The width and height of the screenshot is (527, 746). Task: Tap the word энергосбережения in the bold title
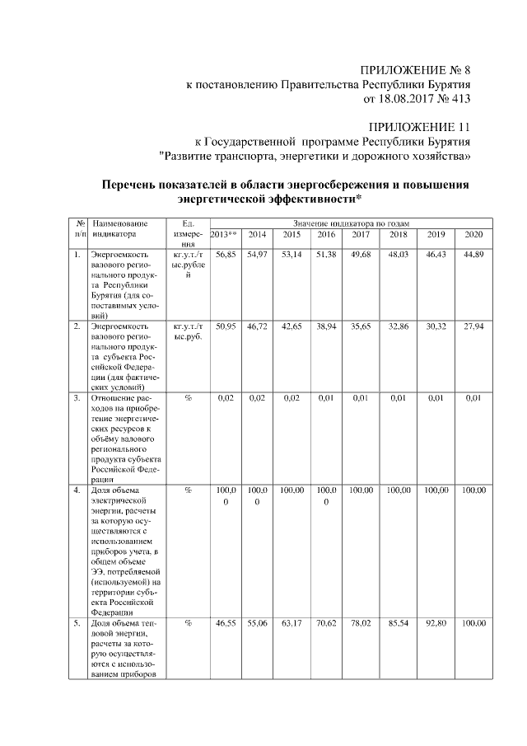[332, 185]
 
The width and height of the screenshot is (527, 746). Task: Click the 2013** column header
[224, 235]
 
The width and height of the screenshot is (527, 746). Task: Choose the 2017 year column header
[360, 235]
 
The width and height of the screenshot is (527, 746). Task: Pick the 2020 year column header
[473, 235]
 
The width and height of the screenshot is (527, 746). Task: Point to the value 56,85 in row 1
[225, 256]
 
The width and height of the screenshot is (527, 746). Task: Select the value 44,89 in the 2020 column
[473, 256]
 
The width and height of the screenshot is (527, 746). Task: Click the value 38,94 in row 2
[326, 327]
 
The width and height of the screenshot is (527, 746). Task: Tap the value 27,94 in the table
[473, 327]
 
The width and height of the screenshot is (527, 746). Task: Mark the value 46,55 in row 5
[225, 626]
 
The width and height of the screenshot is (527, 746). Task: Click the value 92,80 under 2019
[436, 626]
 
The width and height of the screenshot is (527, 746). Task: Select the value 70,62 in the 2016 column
[326, 626]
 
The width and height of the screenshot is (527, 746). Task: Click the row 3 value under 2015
[291, 399]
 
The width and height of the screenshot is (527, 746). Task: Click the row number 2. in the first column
[77, 327]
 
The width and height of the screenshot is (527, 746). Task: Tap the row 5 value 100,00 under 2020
[473, 626]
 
